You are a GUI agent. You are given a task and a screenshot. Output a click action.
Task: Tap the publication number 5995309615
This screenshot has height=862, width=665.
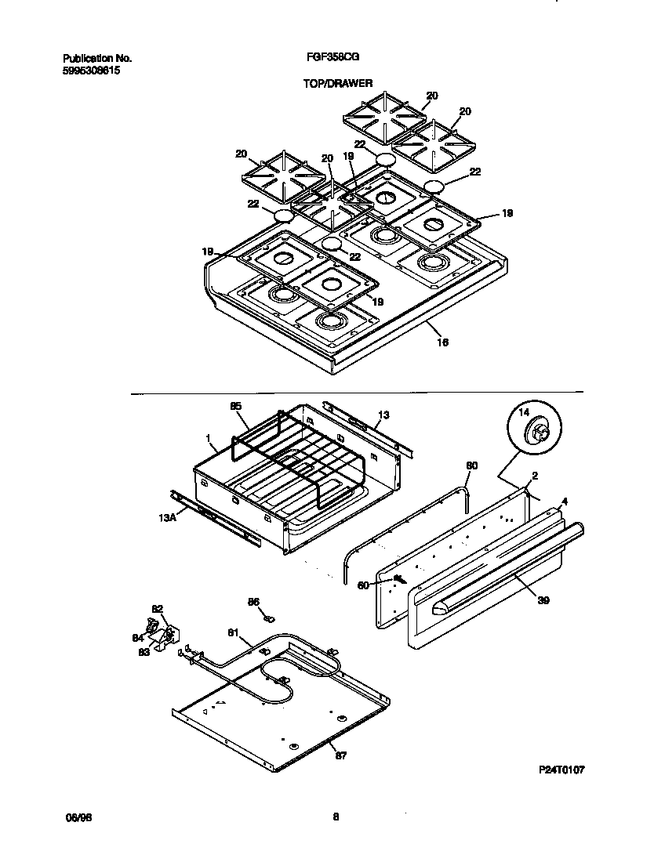[92, 69]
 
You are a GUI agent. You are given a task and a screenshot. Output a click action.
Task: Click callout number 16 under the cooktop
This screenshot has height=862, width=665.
[442, 342]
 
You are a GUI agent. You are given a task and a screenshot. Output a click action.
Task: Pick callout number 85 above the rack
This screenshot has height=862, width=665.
[235, 406]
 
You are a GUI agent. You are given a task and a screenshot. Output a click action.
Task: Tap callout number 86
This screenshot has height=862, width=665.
[253, 602]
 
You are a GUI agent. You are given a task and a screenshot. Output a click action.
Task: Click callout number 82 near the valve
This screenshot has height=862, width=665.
[157, 608]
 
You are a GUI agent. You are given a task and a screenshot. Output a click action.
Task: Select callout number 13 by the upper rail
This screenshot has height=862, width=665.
[383, 415]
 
